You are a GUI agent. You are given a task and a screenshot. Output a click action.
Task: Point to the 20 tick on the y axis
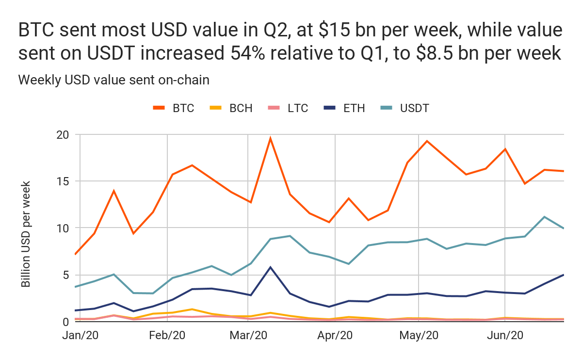[63, 135]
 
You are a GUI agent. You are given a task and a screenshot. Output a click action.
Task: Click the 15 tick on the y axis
[63, 181]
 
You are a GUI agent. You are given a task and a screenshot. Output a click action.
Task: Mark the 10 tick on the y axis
[63, 228]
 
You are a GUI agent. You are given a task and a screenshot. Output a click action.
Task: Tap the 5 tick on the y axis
[66, 275]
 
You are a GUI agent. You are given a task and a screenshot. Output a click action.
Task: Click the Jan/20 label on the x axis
[81, 336]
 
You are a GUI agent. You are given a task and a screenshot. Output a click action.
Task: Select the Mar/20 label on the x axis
[248, 336]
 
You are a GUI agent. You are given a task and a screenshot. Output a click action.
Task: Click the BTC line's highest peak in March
[270, 138]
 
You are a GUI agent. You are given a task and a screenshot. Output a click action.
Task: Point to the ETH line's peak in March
[270, 267]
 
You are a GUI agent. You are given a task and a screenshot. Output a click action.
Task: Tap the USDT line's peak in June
[545, 217]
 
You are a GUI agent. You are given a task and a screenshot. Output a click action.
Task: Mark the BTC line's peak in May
[427, 141]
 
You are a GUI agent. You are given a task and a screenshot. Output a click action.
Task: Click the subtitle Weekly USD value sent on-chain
[113, 80]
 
